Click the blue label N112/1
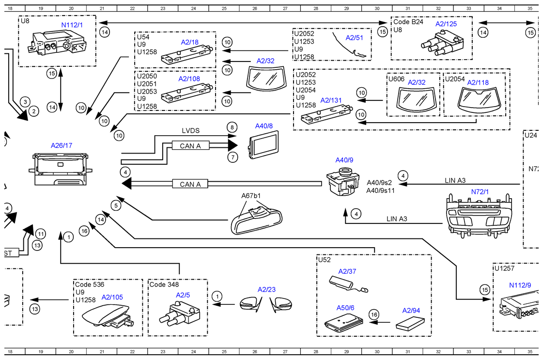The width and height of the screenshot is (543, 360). point(71,24)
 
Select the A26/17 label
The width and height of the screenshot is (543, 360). point(62,145)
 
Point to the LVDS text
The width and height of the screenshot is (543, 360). point(190,131)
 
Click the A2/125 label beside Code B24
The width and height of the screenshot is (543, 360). point(446,23)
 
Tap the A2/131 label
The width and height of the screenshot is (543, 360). point(331,101)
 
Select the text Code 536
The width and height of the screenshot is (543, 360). point(90,284)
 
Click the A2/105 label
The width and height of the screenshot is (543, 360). point(112,297)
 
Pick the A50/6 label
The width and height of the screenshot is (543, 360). point(345,308)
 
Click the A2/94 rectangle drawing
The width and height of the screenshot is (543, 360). point(411,323)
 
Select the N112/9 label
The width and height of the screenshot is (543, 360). point(520,285)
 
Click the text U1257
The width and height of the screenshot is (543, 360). point(504,268)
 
